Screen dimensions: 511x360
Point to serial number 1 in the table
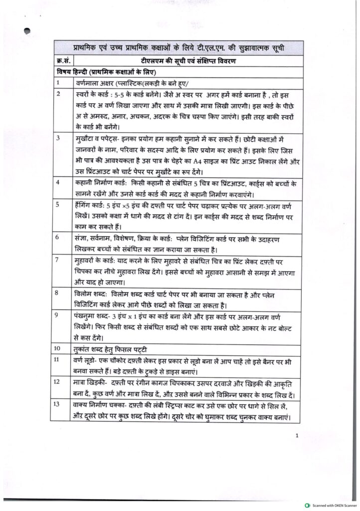58,82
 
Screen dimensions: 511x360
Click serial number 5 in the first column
58,204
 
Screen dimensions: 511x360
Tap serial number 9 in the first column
58,315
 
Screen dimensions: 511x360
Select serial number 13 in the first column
60,403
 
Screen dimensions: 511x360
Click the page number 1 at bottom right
297,436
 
